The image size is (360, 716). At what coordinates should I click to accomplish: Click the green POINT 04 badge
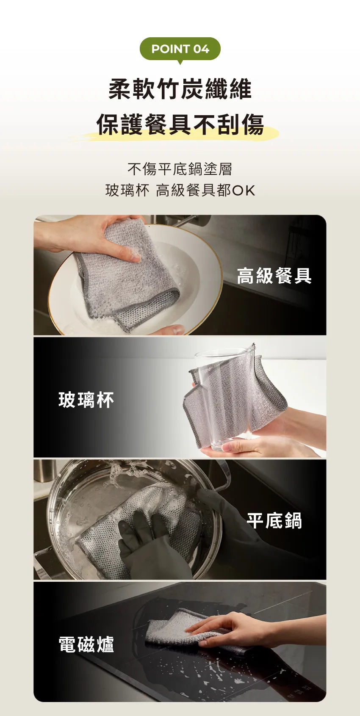coord(180,49)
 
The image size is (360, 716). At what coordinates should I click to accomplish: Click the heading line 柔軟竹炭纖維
coord(180,89)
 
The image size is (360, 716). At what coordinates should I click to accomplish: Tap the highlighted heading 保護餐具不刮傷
coord(180,124)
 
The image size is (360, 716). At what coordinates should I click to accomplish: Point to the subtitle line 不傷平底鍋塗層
coord(180,169)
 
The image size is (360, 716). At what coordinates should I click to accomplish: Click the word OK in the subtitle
coord(244,191)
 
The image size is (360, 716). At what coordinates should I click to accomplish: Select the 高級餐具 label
coord(274,276)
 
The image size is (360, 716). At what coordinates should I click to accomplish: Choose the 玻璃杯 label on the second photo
coord(86,400)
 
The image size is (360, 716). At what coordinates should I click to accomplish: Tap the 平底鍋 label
coord(274,521)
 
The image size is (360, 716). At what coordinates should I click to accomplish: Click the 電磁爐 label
coord(86,644)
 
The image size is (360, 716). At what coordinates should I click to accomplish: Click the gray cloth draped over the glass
coord(237,398)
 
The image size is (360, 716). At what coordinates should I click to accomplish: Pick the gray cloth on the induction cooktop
coord(169,627)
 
